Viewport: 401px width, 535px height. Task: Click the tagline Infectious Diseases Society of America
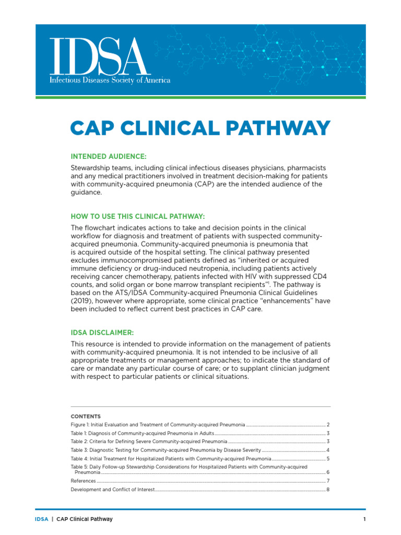[110, 80]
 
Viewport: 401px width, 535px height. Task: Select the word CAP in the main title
[93, 129]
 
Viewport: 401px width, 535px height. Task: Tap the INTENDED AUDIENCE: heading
[109, 156]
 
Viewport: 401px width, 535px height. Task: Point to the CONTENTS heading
[86, 416]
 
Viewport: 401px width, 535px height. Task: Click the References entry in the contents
[83, 481]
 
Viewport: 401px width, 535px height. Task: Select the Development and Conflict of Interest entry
[113, 489]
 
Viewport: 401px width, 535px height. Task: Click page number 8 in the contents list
[327, 489]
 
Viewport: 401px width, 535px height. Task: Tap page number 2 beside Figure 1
[327, 425]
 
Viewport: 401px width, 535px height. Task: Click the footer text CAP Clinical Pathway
[85, 519]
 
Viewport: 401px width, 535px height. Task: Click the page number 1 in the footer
[364, 519]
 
